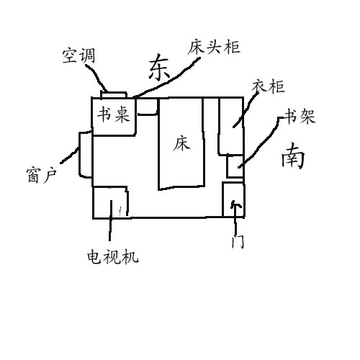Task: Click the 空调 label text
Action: [78, 55]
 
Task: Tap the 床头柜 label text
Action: [214, 47]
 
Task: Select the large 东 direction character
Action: [159, 67]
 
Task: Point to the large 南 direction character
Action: [293, 156]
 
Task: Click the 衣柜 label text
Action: [268, 86]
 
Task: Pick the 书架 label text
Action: [300, 117]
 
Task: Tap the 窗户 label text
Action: [41, 175]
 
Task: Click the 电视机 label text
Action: [113, 257]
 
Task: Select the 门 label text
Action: [238, 241]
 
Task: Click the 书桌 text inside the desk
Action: [113, 114]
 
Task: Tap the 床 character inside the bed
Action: [181, 143]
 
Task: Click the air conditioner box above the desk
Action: [114, 94]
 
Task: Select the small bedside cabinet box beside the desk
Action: [147, 107]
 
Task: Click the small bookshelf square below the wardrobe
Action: [235, 166]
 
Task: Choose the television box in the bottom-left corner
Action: [110, 202]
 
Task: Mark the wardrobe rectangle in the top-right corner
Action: [231, 126]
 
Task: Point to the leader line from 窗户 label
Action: [70, 155]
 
